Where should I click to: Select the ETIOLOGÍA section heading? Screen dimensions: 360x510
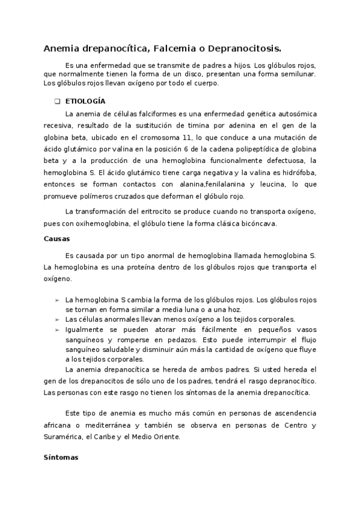pyautogui.click(x=85, y=101)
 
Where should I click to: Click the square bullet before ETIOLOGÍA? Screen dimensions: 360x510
pyautogui.click(x=57, y=101)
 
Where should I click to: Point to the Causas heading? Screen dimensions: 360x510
pyautogui.click(x=56, y=238)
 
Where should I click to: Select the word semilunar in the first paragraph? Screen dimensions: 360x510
pyautogui.click(x=295, y=73)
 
